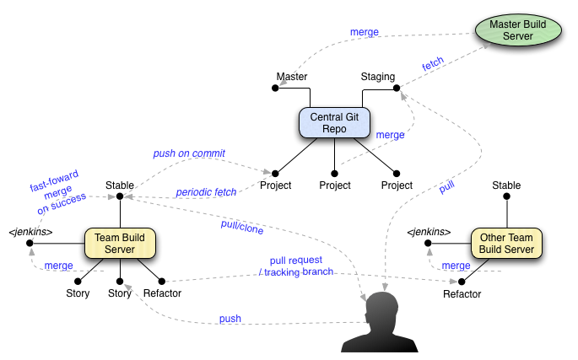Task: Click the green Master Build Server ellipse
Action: pyautogui.click(x=517, y=30)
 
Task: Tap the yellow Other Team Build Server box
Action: pyautogui.click(x=506, y=244)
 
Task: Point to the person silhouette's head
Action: pyautogui.click(x=385, y=309)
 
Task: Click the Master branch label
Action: pyautogui.click(x=292, y=77)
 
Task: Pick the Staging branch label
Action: pyautogui.click(x=377, y=77)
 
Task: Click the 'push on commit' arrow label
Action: pyautogui.click(x=189, y=153)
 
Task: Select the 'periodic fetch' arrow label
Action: pyautogui.click(x=206, y=192)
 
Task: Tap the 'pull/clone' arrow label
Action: pyautogui.click(x=242, y=226)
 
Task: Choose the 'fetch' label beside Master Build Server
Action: pyautogui.click(x=433, y=64)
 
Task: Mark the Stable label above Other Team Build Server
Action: pyautogui.click(x=506, y=185)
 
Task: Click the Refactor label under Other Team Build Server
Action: pyautogui.click(x=462, y=294)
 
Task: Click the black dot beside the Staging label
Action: pyautogui.click(x=397, y=88)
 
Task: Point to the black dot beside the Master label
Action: pyautogui.click(x=276, y=88)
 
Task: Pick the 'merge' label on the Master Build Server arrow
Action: pyautogui.click(x=365, y=33)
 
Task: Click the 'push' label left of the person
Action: pyautogui.click(x=230, y=319)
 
